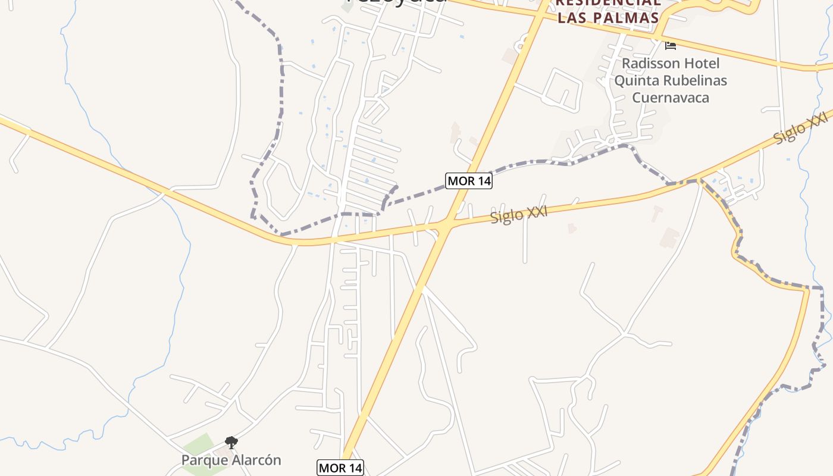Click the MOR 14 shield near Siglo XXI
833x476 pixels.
coord(469,181)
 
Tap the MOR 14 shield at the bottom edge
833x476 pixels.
coord(340,468)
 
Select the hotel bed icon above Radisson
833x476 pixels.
coord(671,45)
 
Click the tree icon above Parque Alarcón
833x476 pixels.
coord(231,443)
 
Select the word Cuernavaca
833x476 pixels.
coord(671,97)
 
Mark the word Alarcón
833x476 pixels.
coord(258,460)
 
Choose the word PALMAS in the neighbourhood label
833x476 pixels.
coord(625,18)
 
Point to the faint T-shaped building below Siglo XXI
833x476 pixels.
coord(657,212)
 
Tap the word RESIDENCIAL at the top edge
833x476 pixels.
coord(608,2)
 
